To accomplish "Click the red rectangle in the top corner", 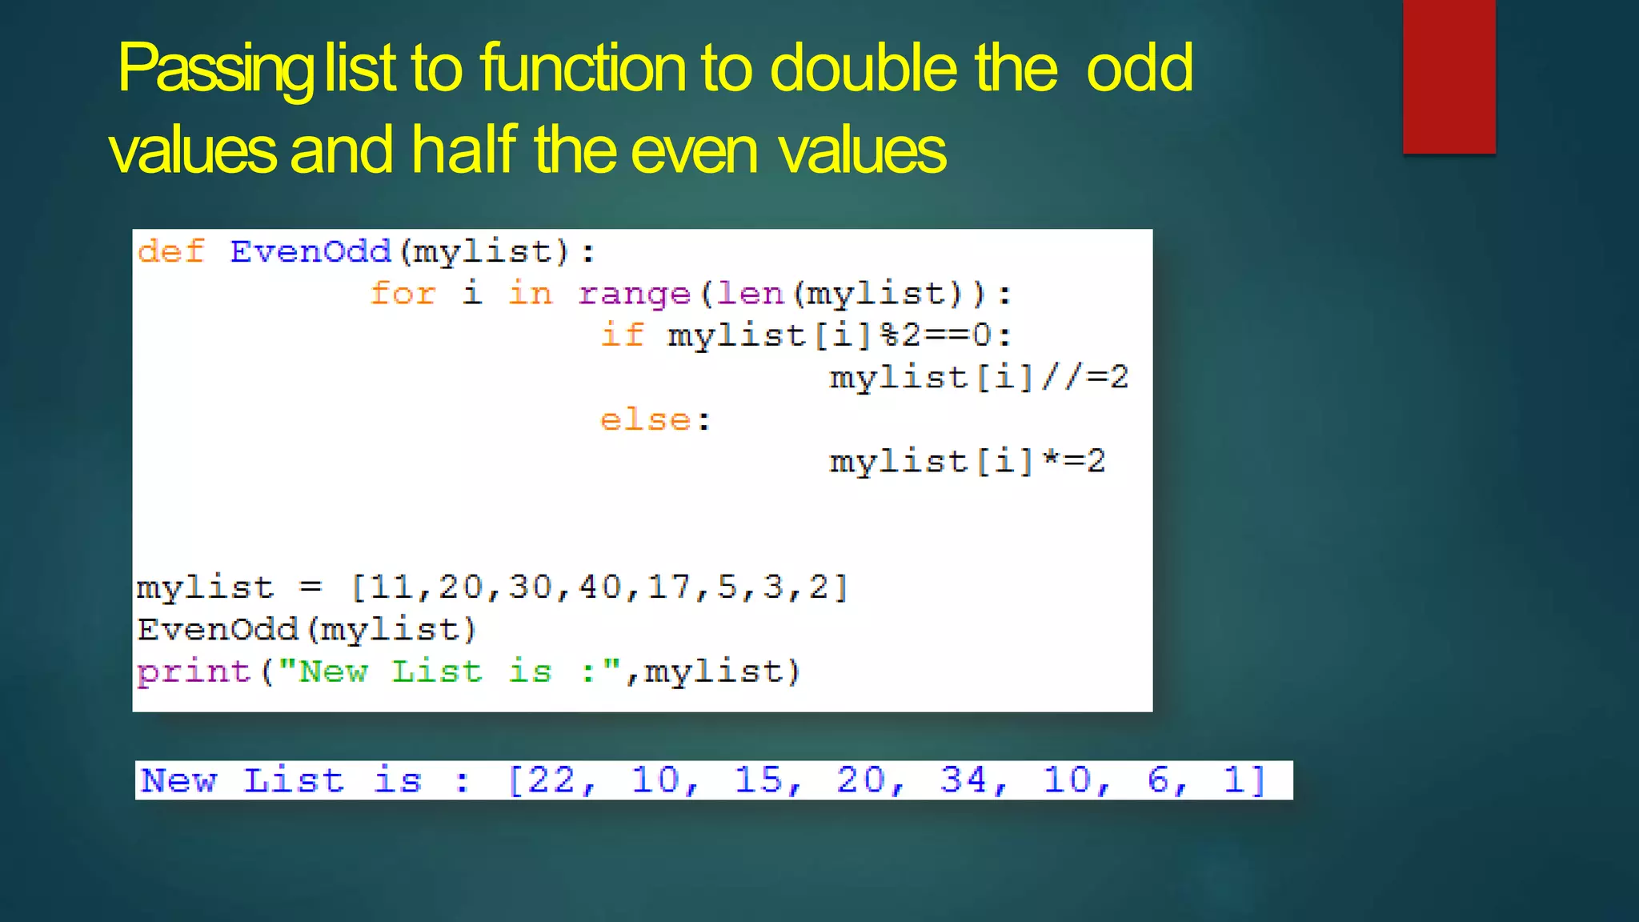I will click(1449, 76).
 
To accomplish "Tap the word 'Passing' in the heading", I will click(216, 70).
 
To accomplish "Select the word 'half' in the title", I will click(464, 150).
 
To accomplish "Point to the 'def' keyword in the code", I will click(170, 252).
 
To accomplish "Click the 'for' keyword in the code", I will click(403, 294).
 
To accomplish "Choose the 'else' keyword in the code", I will click(645, 420).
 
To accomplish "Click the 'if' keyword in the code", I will click(622, 335).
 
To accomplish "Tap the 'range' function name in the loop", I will click(634, 295).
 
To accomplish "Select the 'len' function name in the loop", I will click(750, 294).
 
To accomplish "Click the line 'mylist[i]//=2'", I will click(978, 378).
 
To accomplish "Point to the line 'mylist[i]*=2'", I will click(967, 462).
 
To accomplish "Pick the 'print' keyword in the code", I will click(194, 671).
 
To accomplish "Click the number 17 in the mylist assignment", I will click(671, 587).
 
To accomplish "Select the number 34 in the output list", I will click(964, 780).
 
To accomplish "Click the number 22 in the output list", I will click(551, 780).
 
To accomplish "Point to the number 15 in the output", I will click(758, 780).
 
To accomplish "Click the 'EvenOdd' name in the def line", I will click(311, 252).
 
